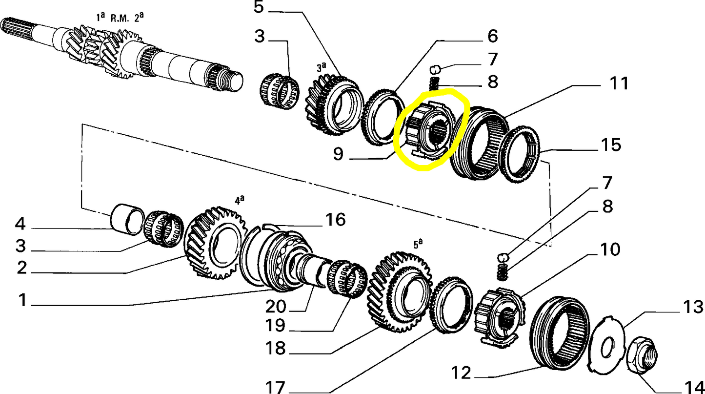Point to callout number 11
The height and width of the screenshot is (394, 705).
619,83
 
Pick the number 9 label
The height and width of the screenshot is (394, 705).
339,154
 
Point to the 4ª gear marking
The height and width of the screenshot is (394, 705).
239,199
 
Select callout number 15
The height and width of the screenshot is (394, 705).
610,145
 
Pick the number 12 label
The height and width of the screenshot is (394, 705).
461,373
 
